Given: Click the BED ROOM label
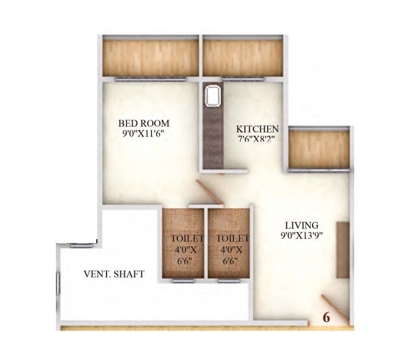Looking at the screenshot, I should (x=144, y=123).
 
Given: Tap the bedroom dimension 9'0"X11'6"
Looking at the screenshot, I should (x=144, y=134).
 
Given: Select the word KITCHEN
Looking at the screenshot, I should (x=257, y=129).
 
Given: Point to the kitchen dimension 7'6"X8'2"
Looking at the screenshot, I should (x=257, y=139).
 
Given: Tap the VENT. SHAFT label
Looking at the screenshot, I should (x=114, y=274).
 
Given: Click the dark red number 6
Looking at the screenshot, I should (x=326, y=318).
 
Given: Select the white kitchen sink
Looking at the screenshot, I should (x=212, y=97).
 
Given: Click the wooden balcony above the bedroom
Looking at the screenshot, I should (x=149, y=57).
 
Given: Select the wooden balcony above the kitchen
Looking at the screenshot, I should (x=242, y=57).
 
